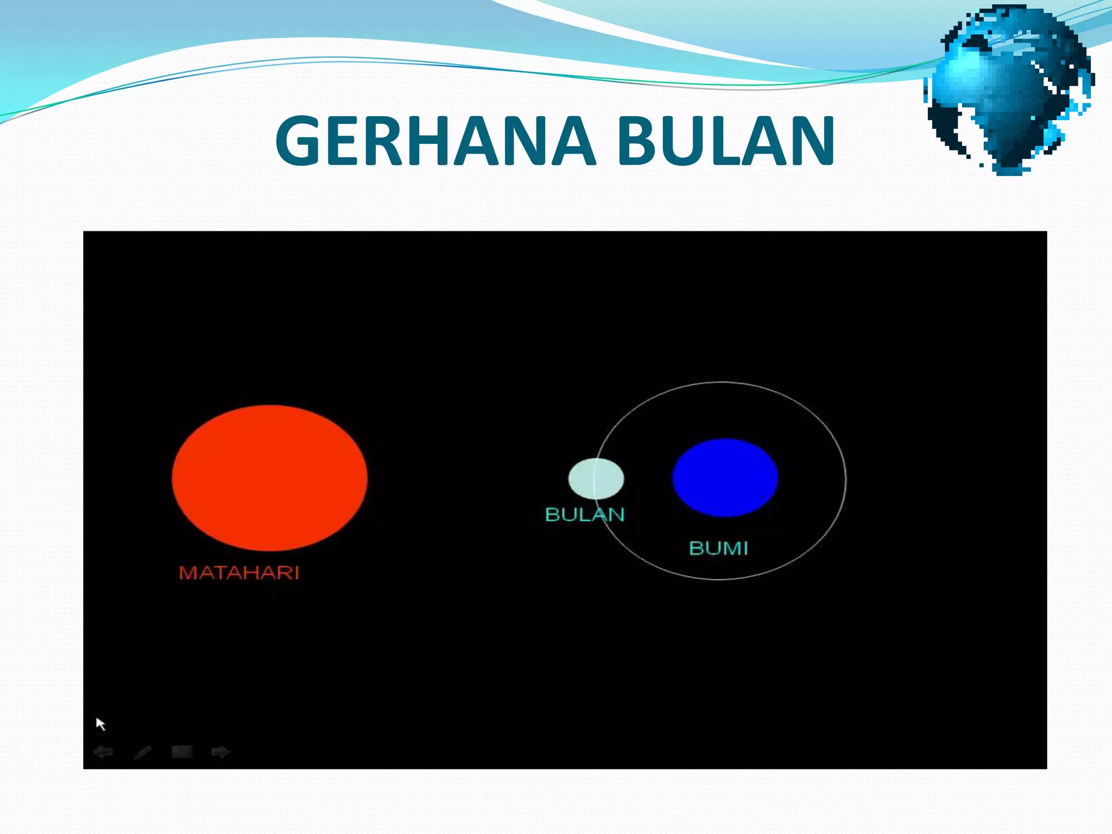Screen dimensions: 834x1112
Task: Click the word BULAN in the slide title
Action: [x=726, y=141]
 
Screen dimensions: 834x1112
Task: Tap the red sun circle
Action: [x=269, y=478]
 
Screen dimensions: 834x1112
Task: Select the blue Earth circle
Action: [x=725, y=477]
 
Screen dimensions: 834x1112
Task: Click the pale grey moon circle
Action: [x=596, y=478]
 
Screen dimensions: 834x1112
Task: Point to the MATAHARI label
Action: [x=239, y=572]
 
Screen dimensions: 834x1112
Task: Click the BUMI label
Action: [x=718, y=548]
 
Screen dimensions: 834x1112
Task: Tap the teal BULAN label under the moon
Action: [x=585, y=514]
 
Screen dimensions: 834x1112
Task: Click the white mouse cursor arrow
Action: [x=100, y=724]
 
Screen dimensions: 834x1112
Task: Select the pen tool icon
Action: [x=142, y=752]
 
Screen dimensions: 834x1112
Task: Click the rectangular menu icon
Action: [x=181, y=751]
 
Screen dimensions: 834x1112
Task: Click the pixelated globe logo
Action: [x=1009, y=90]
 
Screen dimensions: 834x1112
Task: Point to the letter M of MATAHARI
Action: [x=188, y=572]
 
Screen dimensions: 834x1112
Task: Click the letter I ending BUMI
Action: [x=745, y=548]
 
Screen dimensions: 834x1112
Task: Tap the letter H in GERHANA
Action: [x=430, y=141]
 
